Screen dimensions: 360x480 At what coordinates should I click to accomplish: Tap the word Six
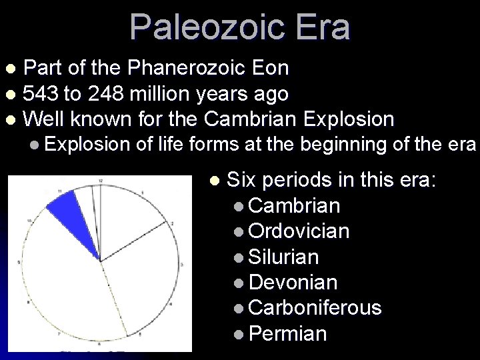[x=241, y=179]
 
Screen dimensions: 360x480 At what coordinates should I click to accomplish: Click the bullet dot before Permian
[x=239, y=333]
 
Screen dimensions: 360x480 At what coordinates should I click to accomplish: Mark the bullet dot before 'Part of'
[x=9, y=69]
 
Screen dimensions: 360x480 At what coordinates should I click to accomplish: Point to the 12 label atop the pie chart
[x=100, y=181]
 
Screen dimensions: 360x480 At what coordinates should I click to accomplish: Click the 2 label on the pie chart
[x=171, y=223]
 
